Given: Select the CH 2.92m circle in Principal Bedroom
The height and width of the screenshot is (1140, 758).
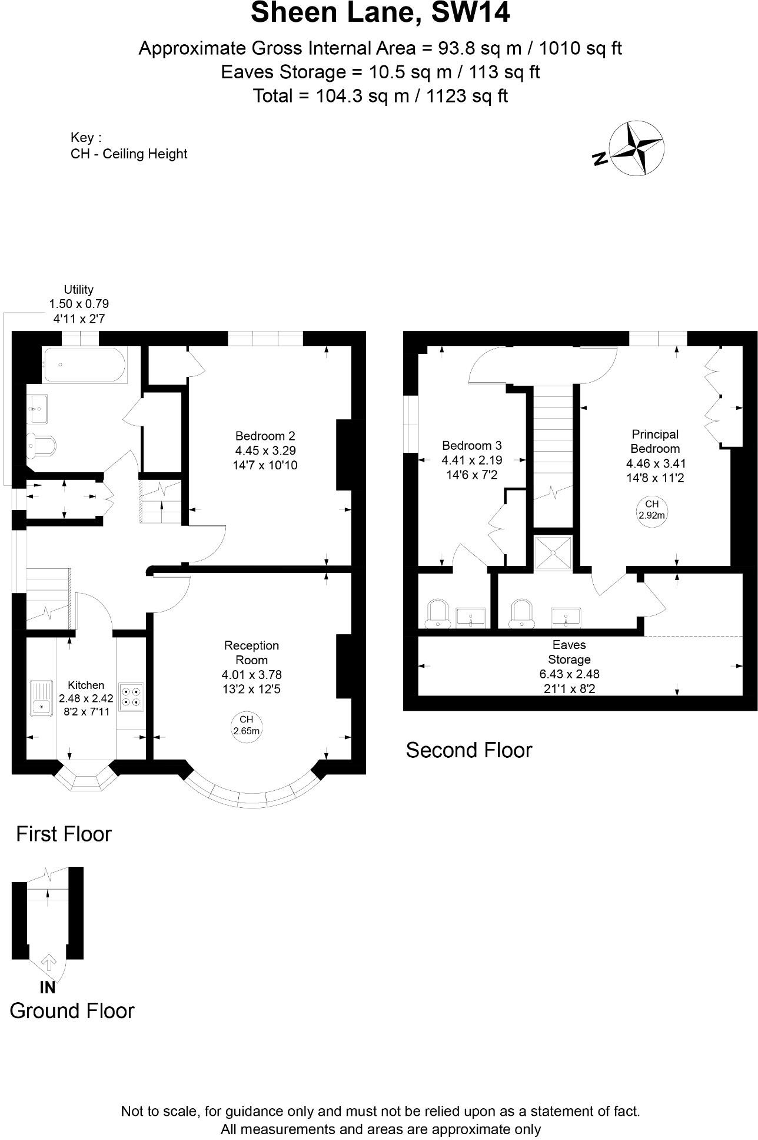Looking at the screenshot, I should pos(651,509).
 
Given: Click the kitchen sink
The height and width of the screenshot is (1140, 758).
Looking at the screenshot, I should pos(41,698).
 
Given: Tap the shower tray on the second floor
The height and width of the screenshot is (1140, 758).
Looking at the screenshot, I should pos(553,553).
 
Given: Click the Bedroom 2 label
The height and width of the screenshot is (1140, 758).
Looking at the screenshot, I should pos(265,436).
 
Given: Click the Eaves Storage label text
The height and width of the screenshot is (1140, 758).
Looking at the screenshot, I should pos(568,652).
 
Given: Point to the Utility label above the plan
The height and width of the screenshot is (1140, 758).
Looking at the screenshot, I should pos(78,290).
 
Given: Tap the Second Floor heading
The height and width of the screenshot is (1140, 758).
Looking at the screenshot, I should pos(468,750).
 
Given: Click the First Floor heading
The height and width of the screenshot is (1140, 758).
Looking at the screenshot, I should pos(64,834).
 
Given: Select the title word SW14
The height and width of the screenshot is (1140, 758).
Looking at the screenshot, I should pos(470,13).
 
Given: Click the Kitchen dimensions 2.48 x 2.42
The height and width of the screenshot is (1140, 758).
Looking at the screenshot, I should pos(86,699).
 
